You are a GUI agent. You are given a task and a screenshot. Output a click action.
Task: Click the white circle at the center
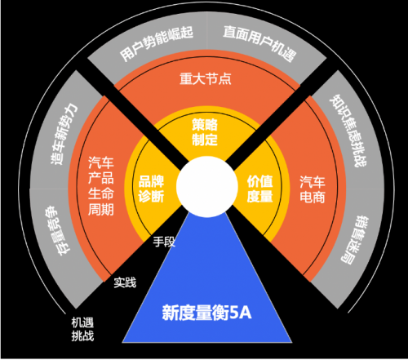(x=207, y=187)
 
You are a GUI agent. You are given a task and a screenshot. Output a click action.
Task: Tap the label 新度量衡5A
(x=206, y=313)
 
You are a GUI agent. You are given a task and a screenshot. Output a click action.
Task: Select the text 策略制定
(x=205, y=132)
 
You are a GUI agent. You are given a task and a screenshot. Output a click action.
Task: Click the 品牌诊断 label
(x=151, y=189)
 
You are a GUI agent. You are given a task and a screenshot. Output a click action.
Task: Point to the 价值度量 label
(x=259, y=189)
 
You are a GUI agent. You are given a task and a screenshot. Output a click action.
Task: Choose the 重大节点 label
(x=206, y=78)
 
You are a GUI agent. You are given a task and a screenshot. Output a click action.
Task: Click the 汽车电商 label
(x=313, y=189)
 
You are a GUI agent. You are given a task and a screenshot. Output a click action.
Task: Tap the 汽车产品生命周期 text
(x=101, y=186)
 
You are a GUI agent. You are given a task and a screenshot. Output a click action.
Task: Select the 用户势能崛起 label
(x=157, y=43)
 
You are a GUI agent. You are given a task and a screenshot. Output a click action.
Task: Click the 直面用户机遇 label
(x=259, y=43)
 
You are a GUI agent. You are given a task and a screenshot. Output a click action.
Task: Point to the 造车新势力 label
(x=64, y=134)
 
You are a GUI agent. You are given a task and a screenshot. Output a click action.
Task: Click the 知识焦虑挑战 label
(x=348, y=131)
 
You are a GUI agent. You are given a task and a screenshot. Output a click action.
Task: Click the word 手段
(x=164, y=242)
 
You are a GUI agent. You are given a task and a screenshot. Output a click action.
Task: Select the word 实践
(x=125, y=282)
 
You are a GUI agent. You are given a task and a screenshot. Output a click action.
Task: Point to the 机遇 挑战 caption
(x=82, y=329)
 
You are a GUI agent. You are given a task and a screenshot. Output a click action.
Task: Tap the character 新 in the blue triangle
(x=170, y=313)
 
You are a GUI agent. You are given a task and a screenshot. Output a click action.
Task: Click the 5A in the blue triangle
(x=241, y=313)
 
